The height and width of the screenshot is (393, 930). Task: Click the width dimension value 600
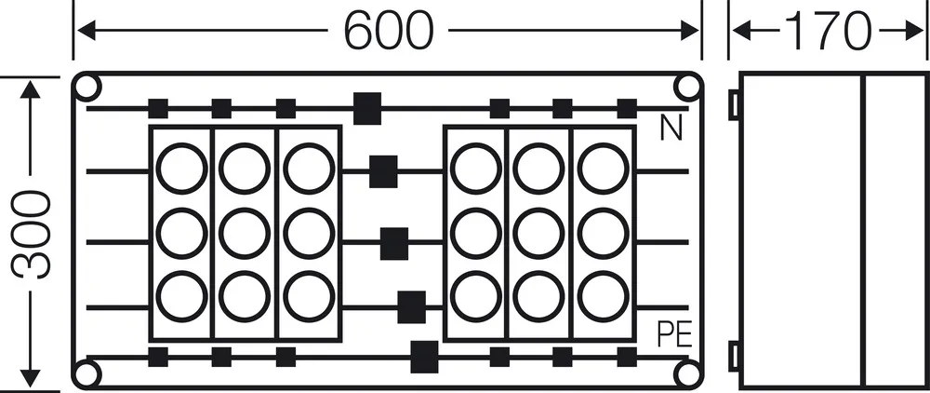tap(389, 31)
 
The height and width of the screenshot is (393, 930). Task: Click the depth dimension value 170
tap(829, 31)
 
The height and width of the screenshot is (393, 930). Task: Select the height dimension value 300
tap(31, 235)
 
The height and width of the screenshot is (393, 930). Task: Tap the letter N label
tap(671, 129)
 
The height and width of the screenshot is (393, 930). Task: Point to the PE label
tap(675, 335)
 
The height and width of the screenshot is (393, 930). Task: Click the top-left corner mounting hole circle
tap(87, 88)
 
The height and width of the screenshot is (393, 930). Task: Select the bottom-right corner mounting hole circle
tap(687, 373)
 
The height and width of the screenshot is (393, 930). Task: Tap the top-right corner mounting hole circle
tap(687, 88)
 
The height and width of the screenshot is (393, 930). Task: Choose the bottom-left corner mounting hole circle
tap(87, 373)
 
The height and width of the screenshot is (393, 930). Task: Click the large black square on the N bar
tap(367, 109)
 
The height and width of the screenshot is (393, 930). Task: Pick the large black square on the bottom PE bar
tap(424, 357)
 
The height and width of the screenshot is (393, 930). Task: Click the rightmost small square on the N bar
tap(627, 109)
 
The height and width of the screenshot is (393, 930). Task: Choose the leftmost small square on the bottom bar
tap(158, 357)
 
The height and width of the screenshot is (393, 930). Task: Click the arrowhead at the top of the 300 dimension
tap(31, 89)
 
